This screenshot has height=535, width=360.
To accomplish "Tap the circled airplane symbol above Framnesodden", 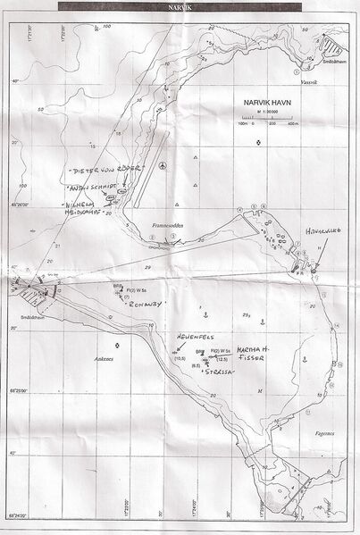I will (x=162, y=166).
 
